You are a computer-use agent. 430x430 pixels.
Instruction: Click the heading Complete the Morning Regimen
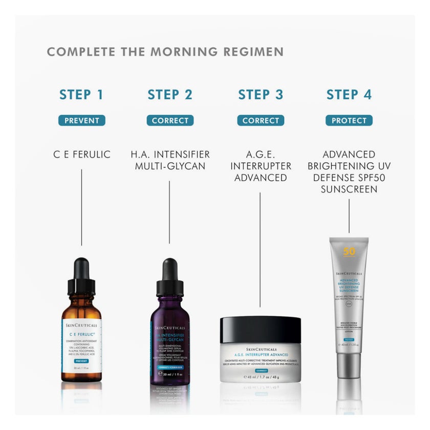[165, 52]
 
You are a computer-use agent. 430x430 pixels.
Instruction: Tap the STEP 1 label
[81, 95]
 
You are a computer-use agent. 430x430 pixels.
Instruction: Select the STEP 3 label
[261, 95]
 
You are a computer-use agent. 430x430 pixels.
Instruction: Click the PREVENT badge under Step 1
[81, 121]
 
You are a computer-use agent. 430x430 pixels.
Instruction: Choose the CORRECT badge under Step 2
[170, 121]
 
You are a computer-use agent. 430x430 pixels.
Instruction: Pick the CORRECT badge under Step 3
[261, 121]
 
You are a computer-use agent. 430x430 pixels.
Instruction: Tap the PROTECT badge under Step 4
[349, 121]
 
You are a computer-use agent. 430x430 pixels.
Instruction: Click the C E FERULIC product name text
[81, 154]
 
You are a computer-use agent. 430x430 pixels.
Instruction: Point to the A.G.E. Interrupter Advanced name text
[261, 166]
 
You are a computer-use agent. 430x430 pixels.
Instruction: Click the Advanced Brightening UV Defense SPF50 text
[349, 171]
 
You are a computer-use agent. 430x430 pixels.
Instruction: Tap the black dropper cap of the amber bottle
[81, 274]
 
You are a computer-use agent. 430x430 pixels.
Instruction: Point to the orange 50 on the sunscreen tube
[349, 251]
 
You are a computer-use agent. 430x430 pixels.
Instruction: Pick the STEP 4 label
[349, 95]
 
